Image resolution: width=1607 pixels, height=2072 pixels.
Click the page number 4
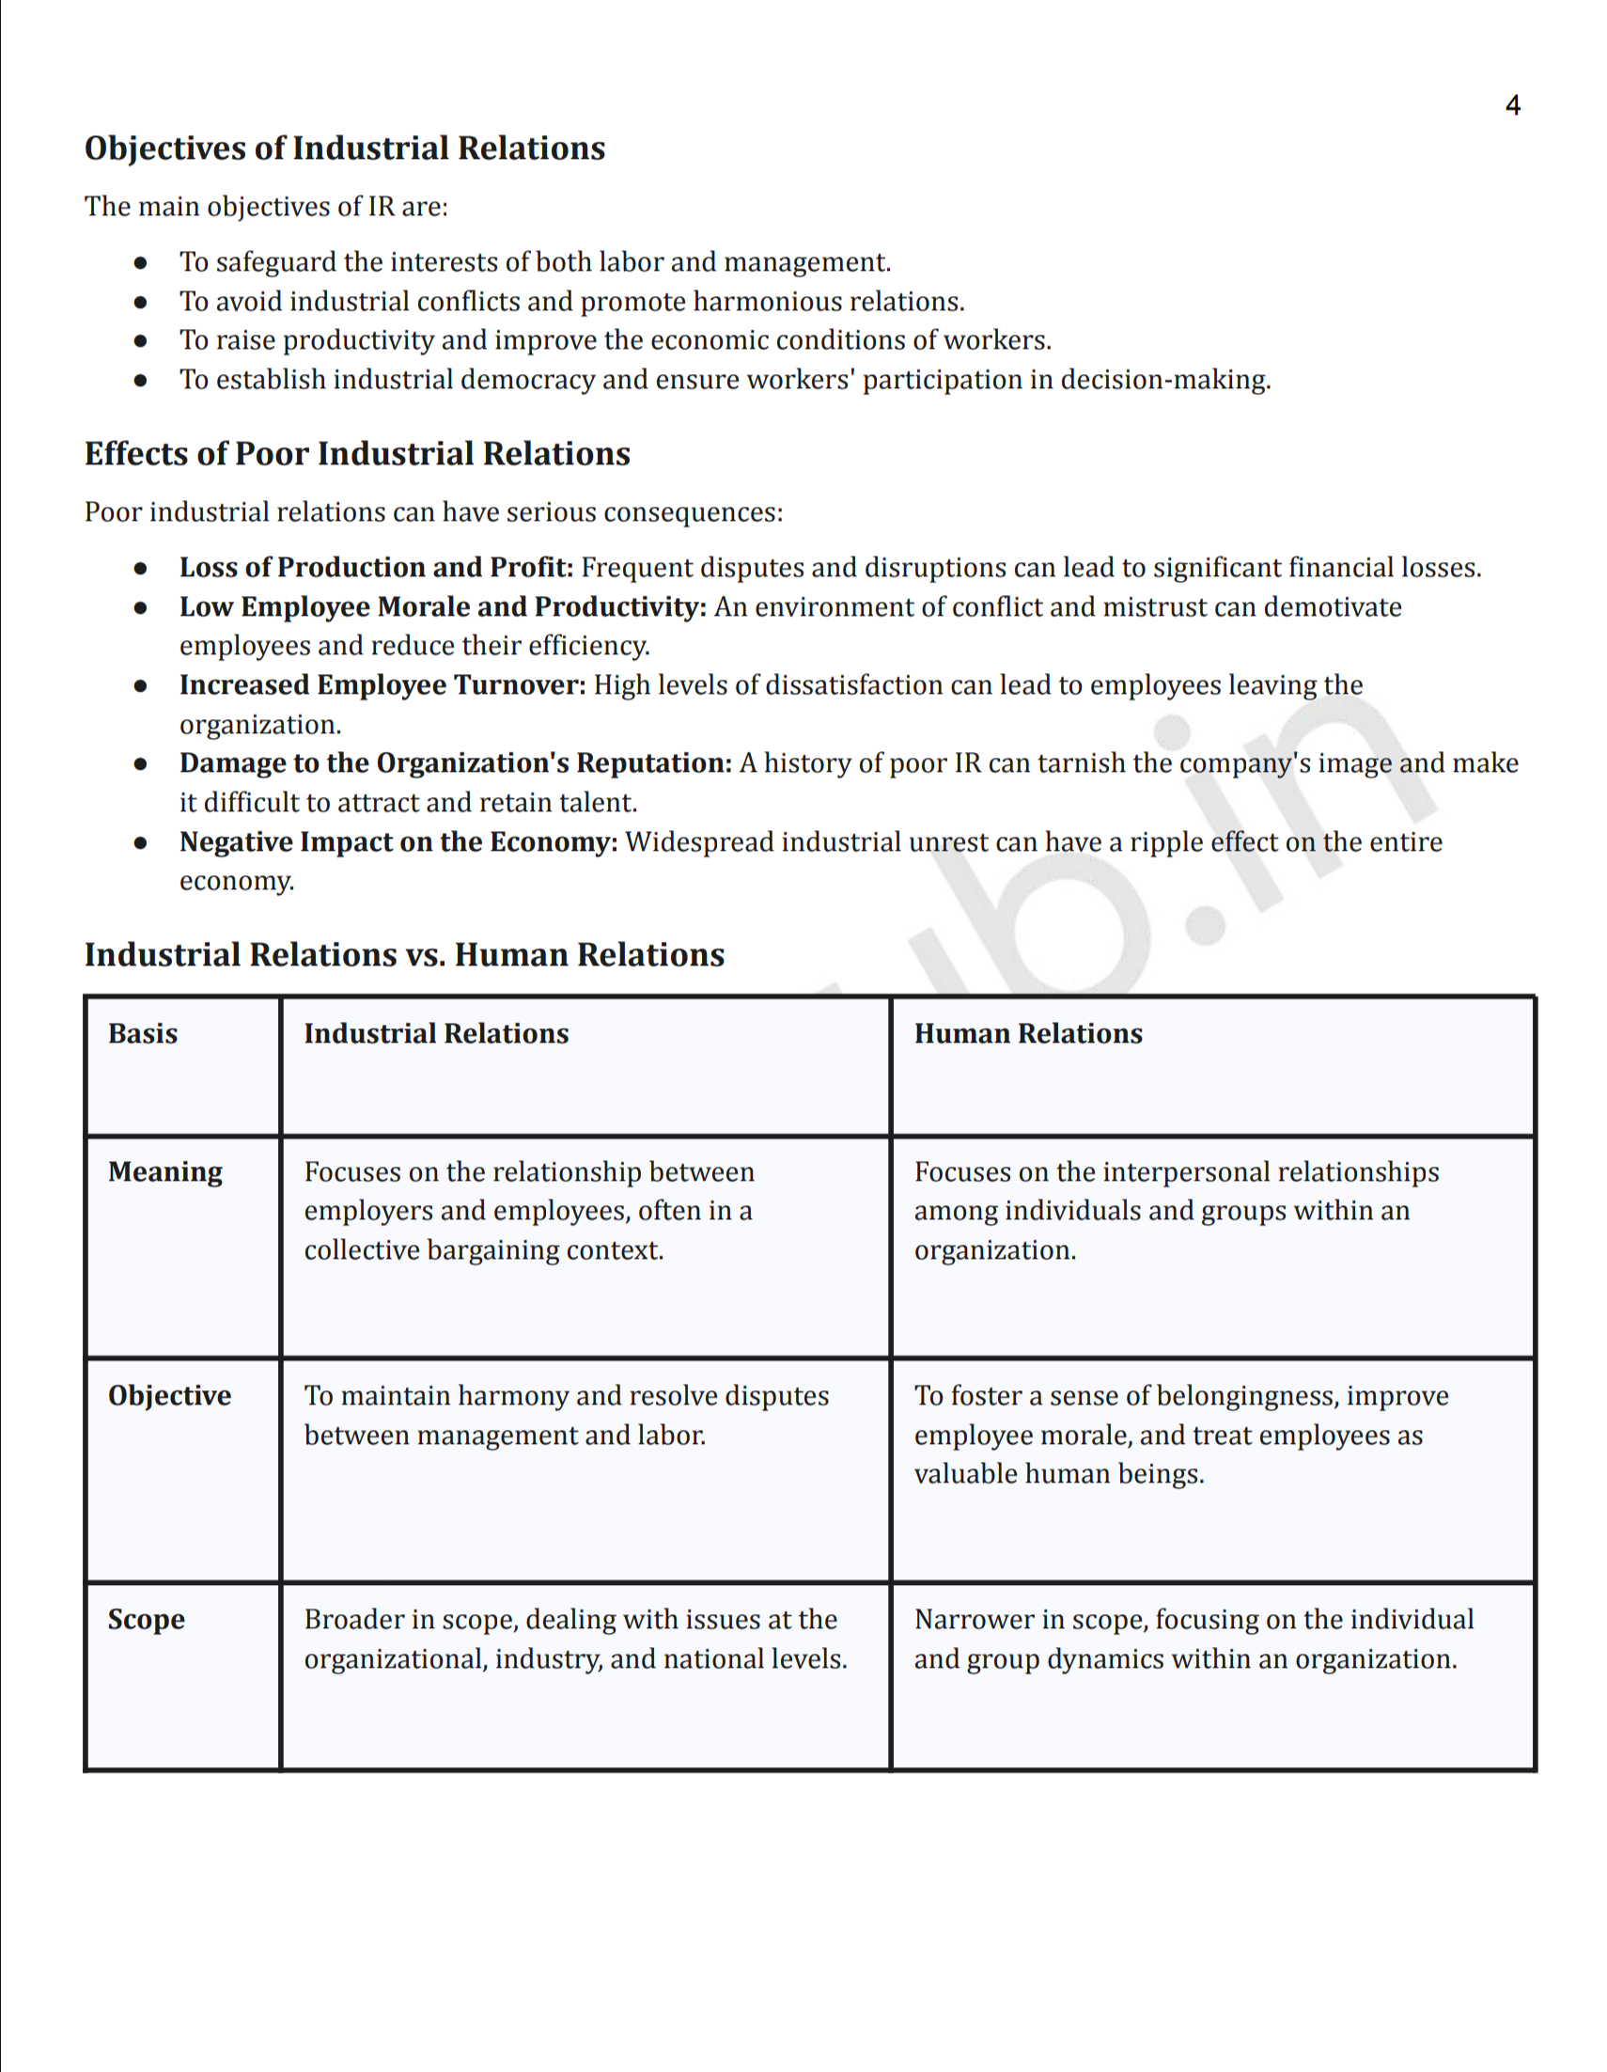coord(1512,105)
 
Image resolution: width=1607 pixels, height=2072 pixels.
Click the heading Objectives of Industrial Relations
coord(344,148)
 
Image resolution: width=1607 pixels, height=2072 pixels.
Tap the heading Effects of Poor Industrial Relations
coord(357,453)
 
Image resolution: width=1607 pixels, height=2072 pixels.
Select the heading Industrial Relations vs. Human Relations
coord(404,954)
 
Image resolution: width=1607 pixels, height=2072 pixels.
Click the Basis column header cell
coord(142,1033)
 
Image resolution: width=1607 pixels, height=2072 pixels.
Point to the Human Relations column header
coord(1027,1033)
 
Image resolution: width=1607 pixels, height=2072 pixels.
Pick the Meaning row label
coord(165,1171)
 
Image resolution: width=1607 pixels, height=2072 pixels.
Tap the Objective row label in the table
coord(169,1395)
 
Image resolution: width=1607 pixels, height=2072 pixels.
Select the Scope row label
coord(146,1620)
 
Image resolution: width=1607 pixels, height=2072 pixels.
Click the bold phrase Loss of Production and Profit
coord(376,567)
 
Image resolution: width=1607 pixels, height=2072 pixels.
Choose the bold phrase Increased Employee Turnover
coord(382,685)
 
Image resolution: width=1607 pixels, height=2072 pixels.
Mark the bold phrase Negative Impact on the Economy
coord(398,841)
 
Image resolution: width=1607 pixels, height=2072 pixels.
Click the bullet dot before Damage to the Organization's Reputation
coord(140,762)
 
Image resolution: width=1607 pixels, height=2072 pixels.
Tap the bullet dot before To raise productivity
coord(140,339)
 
